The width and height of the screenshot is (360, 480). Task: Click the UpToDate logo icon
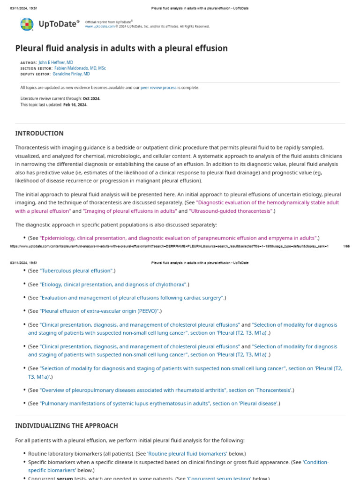[x=27, y=24]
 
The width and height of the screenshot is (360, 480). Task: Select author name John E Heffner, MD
[x=56, y=62]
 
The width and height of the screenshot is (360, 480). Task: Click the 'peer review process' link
[x=158, y=88]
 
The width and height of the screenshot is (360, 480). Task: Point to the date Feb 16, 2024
[x=75, y=105]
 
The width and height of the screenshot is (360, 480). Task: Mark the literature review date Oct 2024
[x=91, y=98]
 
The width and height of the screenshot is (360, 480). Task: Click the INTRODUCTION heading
[x=39, y=133]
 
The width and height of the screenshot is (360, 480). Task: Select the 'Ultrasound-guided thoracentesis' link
[x=231, y=211]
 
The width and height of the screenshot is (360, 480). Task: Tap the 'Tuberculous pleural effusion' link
[x=76, y=271]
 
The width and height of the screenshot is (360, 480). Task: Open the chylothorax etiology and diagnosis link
[x=113, y=284]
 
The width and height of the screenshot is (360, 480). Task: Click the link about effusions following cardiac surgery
[x=132, y=298]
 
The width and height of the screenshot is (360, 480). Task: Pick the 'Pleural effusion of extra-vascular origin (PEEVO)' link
[x=99, y=311]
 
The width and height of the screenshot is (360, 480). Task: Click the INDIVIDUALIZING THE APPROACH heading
[x=66, y=426]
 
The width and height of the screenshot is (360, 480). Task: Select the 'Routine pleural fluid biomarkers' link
[x=187, y=454]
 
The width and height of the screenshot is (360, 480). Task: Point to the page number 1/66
[x=346, y=246]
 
